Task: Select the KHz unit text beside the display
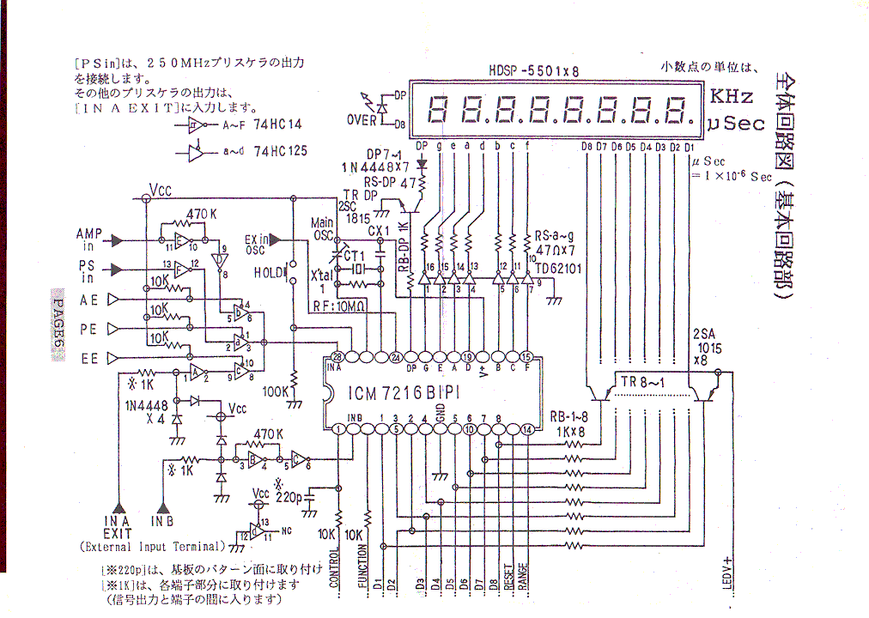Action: click(x=731, y=96)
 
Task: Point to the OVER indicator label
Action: click(x=362, y=120)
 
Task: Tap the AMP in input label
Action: click(x=89, y=238)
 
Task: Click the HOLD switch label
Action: click(x=269, y=272)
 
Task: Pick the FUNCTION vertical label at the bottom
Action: click(x=362, y=566)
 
